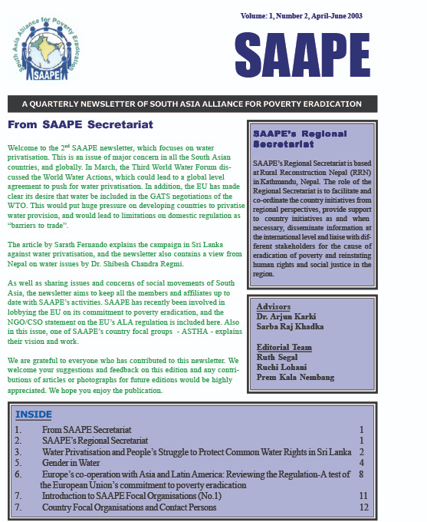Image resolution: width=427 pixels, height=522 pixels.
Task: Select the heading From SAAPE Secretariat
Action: click(80, 124)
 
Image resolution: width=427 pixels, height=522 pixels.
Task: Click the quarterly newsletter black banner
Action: click(192, 104)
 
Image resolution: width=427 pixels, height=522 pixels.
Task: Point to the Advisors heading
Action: click(274, 306)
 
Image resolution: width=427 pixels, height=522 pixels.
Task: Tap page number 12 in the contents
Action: click(363, 507)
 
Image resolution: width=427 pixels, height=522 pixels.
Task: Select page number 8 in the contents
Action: click(361, 474)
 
